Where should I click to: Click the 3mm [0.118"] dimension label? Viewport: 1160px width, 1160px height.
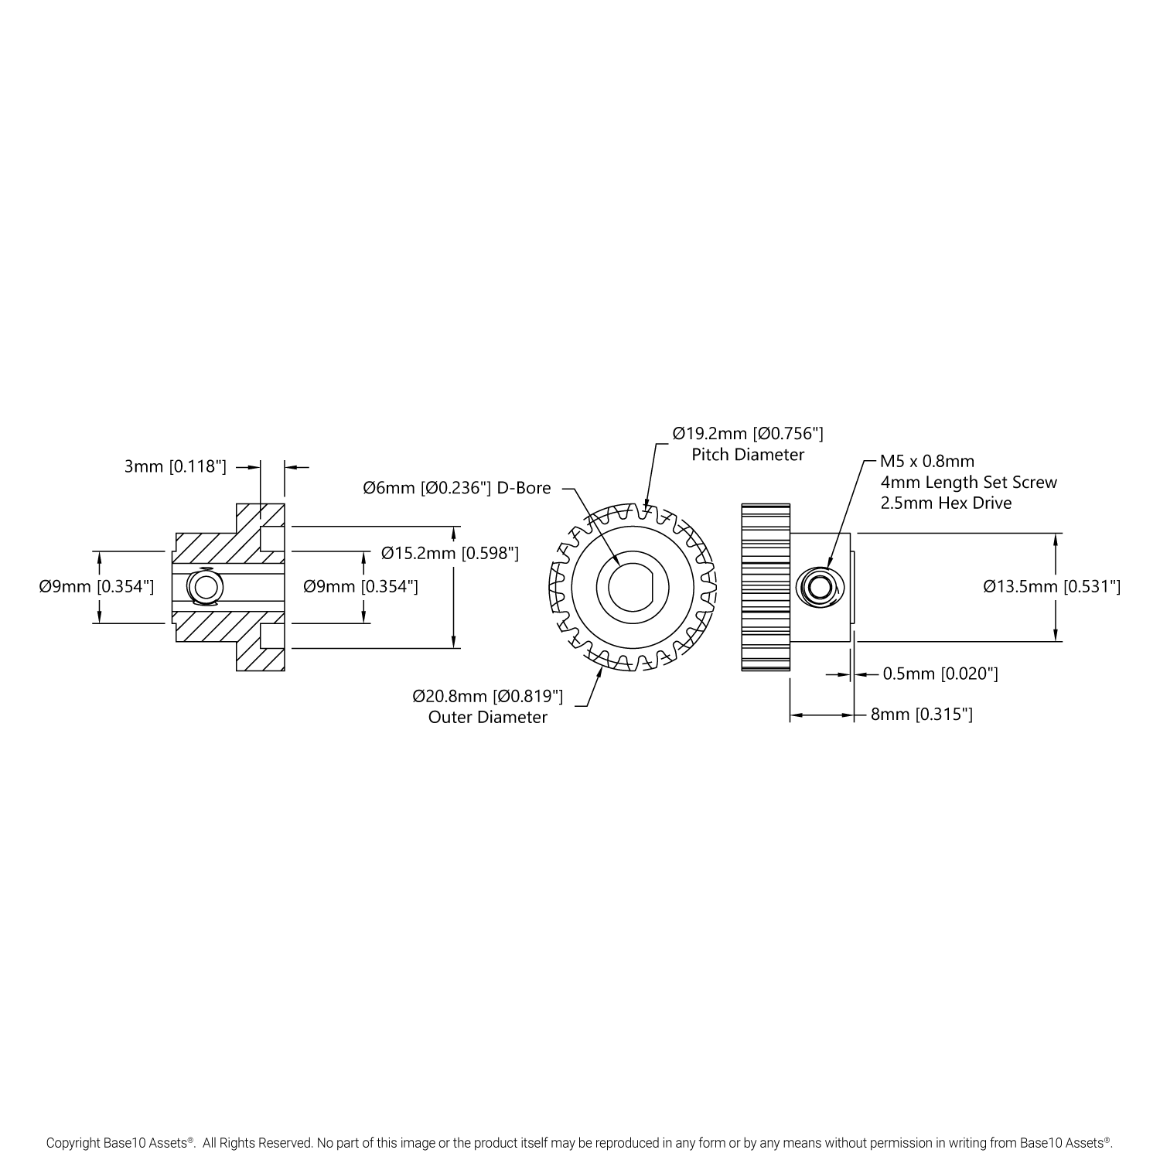tap(175, 466)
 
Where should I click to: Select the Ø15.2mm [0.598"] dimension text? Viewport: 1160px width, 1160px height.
tap(450, 553)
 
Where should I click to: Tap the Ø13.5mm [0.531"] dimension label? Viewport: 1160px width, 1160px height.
tap(1052, 586)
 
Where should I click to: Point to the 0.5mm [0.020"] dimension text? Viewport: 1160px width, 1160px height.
tap(940, 674)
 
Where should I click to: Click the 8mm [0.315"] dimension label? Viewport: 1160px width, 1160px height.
tap(922, 715)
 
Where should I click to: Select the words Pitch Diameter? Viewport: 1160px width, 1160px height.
tap(748, 454)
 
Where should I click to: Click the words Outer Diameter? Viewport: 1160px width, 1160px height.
tap(488, 717)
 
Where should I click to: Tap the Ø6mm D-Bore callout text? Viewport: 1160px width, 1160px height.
tap(457, 488)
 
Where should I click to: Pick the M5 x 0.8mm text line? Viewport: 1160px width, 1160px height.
tap(927, 462)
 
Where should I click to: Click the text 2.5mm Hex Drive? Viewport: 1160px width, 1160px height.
tap(946, 503)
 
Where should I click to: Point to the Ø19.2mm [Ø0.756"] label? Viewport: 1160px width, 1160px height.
tap(748, 433)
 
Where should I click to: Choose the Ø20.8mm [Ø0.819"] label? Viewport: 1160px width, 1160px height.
tap(488, 696)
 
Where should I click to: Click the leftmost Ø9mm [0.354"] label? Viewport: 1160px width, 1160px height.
tap(97, 586)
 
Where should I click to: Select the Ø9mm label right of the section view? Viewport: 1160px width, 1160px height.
tap(360, 586)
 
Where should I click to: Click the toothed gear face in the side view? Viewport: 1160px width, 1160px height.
tap(766, 587)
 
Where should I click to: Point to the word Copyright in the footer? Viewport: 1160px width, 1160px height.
tap(73, 1141)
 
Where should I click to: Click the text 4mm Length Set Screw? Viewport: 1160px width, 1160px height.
tap(968, 482)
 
